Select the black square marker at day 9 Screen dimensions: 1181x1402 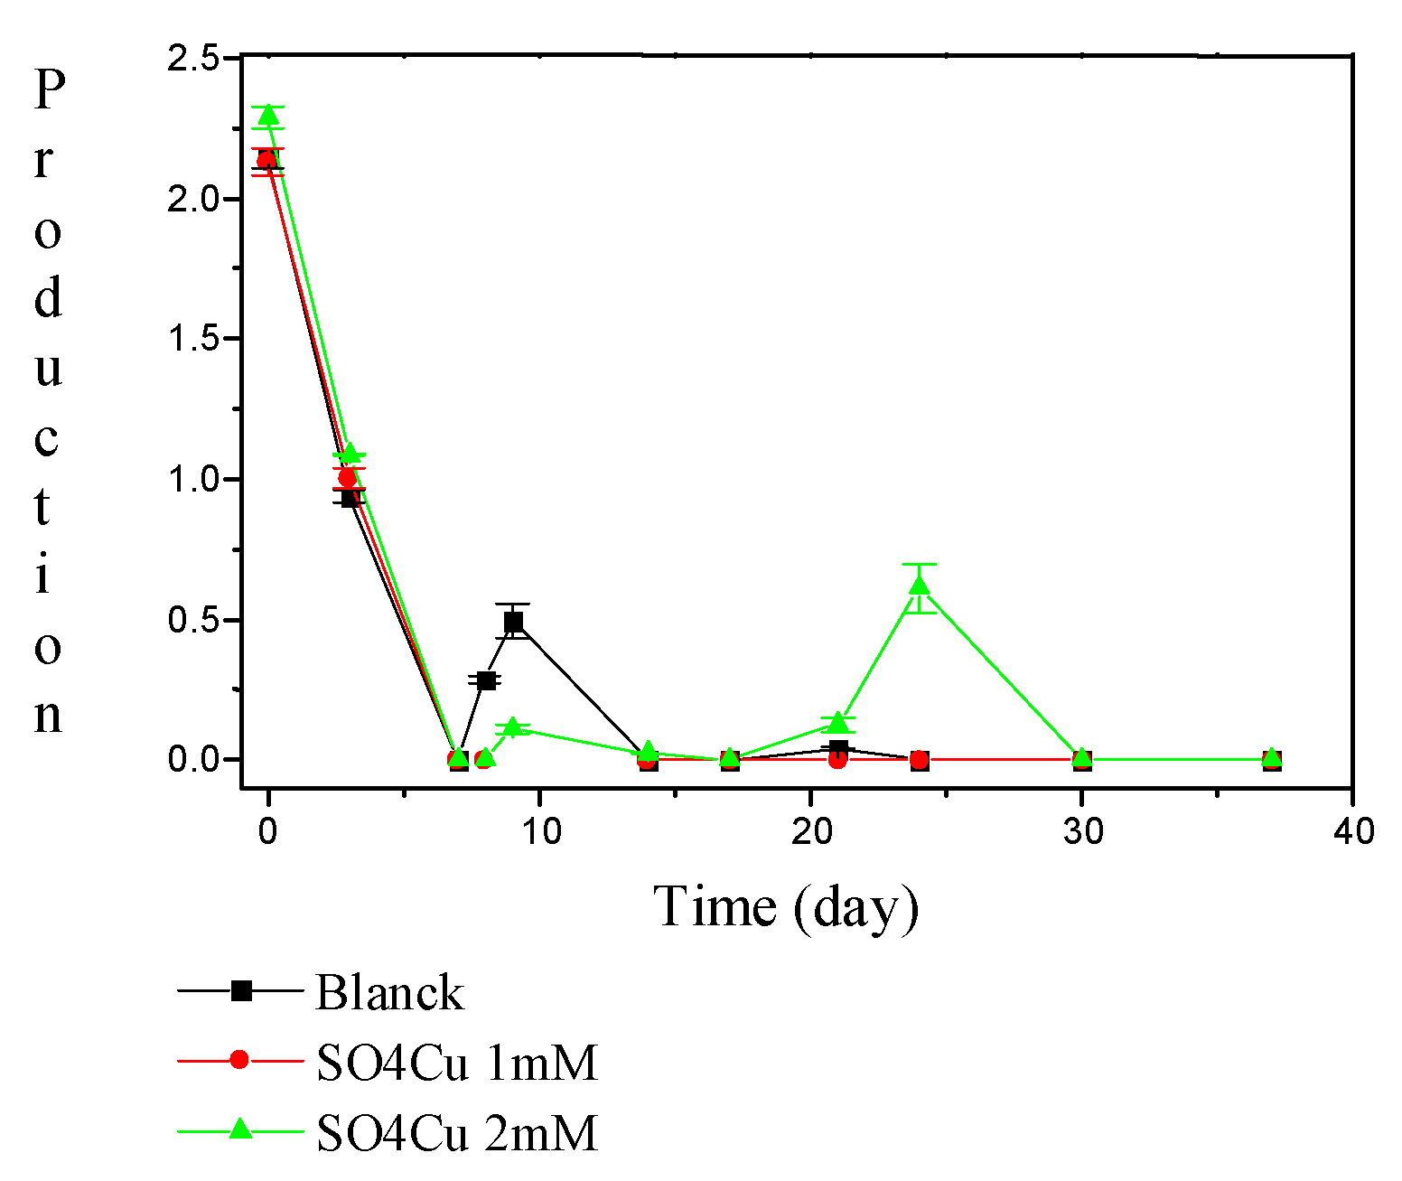[x=513, y=622]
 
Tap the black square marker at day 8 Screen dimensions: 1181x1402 [x=486, y=680]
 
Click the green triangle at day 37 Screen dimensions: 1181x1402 [x=1271, y=757]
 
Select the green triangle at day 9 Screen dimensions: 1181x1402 [x=513, y=727]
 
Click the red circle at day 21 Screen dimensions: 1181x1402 [x=837, y=760]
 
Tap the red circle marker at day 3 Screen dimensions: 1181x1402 [x=348, y=477]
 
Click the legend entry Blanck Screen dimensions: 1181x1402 [x=389, y=992]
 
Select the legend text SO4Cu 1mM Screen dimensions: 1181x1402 [x=457, y=1063]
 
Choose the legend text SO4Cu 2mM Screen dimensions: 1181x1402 [x=457, y=1131]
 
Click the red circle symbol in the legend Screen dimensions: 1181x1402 [x=239, y=1059]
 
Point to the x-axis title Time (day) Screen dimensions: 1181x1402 [x=786, y=906]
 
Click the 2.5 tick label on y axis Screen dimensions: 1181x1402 [x=193, y=59]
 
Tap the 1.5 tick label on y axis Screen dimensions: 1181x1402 [x=193, y=340]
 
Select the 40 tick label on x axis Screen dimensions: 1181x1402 [x=1353, y=831]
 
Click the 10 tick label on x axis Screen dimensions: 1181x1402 [x=540, y=831]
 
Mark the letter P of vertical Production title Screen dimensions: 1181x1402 [x=50, y=89]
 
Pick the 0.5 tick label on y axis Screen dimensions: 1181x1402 [x=193, y=621]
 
